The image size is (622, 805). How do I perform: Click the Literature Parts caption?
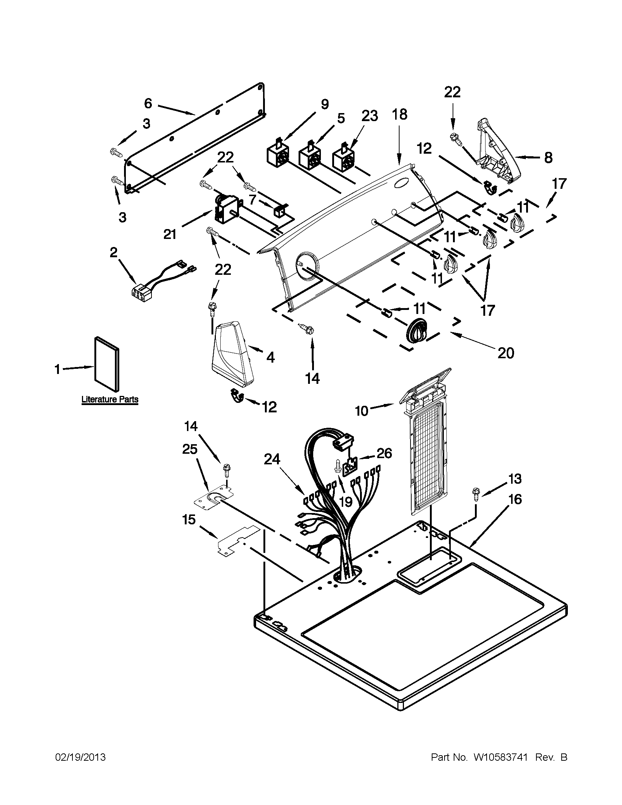[x=109, y=399]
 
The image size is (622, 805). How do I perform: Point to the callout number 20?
[x=505, y=353]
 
